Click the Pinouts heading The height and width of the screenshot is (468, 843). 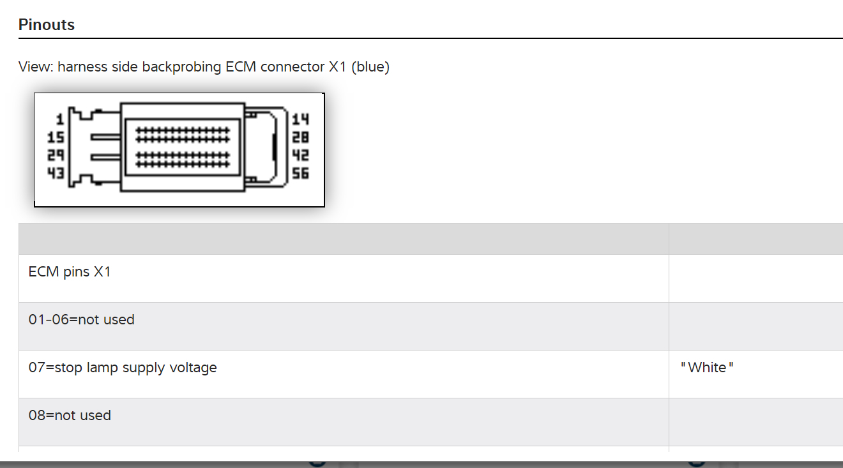click(47, 25)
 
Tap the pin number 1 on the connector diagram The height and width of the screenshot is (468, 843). click(59, 119)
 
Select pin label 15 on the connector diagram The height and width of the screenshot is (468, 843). click(56, 137)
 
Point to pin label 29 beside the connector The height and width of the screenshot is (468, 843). click(56, 155)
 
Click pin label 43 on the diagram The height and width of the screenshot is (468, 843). click(56, 172)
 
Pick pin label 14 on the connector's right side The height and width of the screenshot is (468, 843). click(300, 119)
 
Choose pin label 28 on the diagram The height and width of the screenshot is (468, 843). click(300, 137)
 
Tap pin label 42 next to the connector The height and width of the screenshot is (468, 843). click(300, 155)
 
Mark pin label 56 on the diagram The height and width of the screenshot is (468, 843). click(300, 172)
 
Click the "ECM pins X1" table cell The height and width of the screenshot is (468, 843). click(70, 272)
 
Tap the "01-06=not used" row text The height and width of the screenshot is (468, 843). click(82, 319)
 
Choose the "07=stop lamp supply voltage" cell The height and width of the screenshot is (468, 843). click(123, 368)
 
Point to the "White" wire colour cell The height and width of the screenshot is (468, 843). click(707, 368)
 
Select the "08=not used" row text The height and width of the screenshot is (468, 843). click(70, 416)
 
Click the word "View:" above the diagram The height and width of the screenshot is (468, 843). click(36, 66)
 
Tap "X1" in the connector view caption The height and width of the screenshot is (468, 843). click(337, 66)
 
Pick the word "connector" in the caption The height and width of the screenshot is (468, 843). click(294, 66)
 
